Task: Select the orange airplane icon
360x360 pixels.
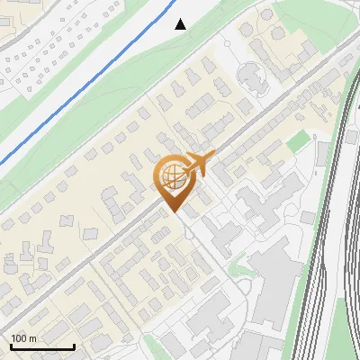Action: pyautogui.click(x=200, y=164)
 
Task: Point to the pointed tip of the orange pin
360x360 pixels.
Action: pyautogui.click(x=174, y=211)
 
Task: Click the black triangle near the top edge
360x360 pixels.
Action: pyautogui.click(x=181, y=24)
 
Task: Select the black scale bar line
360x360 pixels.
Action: pyautogui.click(x=42, y=346)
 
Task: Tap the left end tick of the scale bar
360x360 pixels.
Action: pyautogui.click(x=11, y=345)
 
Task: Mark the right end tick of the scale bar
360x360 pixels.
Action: pyautogui.click(x=74, y=345)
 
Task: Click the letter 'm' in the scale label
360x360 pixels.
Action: pyautogui.click(x=32, y=338)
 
